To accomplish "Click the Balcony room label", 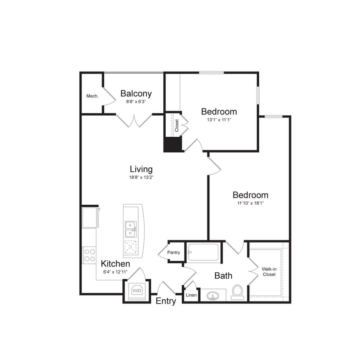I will (x=136, y=93).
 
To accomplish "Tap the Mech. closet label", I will (x=92, y=96).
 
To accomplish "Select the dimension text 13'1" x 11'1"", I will (x=219, y=120).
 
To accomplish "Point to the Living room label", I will (x=141, y=169).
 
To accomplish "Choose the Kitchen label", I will (x=115, y=264).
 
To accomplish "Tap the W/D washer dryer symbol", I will (x=137, y=291).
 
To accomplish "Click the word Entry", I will (x=165, y=301).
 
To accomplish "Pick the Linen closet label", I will (x=191, y=295).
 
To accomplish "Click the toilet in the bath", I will (x=237, y=292).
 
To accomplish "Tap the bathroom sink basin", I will (x=212, y=296).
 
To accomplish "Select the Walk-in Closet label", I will (x=269, y=271).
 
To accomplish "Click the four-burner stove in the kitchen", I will (x=89, y=255).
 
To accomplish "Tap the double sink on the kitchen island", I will (x=130, y=229).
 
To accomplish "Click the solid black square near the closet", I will (x=173, y=145).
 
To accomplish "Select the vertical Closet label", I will (x=177, y=125).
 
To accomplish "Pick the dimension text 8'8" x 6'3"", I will (x=136, y=102).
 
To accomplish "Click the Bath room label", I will (x=223, y=276).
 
